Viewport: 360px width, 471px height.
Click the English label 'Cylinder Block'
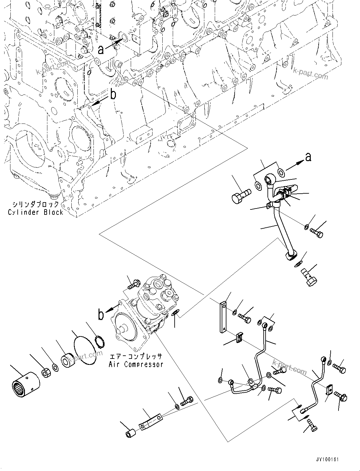pyautogui.click(x=35, y=212)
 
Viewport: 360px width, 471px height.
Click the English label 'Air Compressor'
pyautogui.click(x=136, y=364)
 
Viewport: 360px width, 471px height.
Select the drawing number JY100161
pyautogui.click(x=327, y=460)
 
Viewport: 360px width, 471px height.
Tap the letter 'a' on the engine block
pyautogui.click(x=101, y=50)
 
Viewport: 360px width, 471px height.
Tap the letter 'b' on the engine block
pyautogui.click(x=113, y=95)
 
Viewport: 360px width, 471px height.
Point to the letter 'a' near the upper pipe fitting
pyautogui.click(x=308, y=157)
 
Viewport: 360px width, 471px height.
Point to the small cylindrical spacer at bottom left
pyautogui.click(x=130, y=433)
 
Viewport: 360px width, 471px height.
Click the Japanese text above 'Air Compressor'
pyautogui.click(x=136, y=357)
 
